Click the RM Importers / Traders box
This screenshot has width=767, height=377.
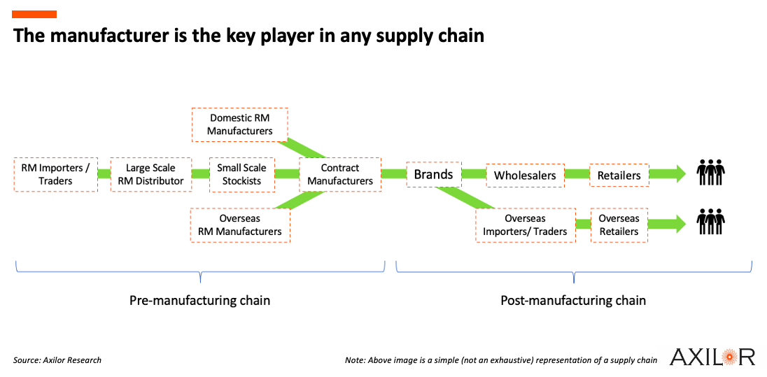coord(56,174)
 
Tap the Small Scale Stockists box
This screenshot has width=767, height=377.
coord(241,174)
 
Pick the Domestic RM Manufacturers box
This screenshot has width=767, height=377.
coord(240,125)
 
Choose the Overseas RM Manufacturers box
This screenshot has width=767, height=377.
coord(240,225)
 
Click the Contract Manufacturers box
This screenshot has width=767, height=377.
coord(340,174)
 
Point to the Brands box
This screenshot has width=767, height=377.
coord(433,174)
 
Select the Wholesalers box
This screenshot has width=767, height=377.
coord(525,176)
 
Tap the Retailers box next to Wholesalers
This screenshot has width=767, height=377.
coord(619,176)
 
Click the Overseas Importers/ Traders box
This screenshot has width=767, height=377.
coord(526,225)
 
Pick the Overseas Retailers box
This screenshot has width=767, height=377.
coord(619,225)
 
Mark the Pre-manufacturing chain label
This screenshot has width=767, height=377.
coord(199,300)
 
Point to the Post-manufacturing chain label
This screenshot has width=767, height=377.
coord(573,300)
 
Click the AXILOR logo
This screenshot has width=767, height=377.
coord(712,357)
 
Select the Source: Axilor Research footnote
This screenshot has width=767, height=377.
coord(57,360)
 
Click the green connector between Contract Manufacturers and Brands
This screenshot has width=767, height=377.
coord(394,174)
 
